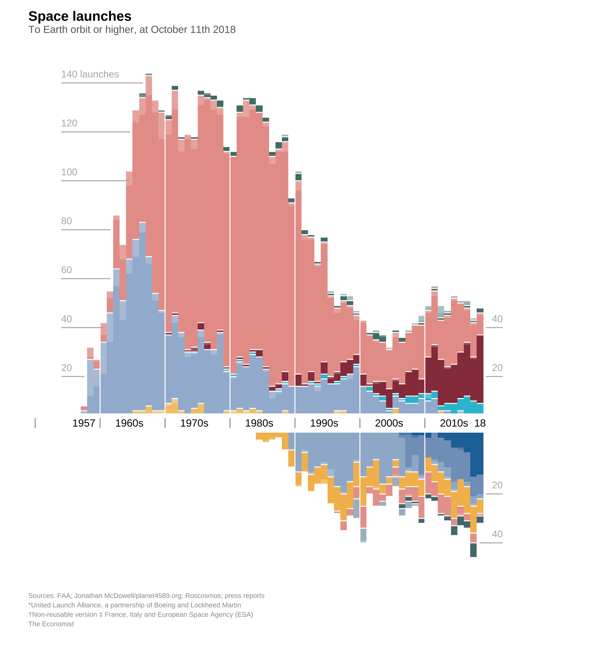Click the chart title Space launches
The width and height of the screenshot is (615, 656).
80,16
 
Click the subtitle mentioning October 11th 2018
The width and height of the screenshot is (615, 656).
132,30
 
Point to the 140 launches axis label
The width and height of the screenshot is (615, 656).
90,74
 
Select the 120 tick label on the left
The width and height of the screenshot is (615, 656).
69,123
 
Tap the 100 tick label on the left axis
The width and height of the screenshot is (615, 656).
69,172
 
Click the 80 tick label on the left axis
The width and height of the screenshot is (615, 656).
67,221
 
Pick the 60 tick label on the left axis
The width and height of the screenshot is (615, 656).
67,270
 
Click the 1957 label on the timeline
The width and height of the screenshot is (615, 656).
84,423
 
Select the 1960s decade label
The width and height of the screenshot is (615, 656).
129,423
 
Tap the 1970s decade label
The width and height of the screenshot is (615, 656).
194,423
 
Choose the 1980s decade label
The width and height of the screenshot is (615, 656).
259,423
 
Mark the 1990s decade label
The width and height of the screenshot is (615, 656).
324,423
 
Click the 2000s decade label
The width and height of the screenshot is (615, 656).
389,423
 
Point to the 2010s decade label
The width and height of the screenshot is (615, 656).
454,423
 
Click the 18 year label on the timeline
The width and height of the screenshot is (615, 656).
480,423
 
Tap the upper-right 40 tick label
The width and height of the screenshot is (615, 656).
497,319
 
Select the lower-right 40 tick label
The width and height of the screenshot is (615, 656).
497,534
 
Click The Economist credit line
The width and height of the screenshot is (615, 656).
51,624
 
